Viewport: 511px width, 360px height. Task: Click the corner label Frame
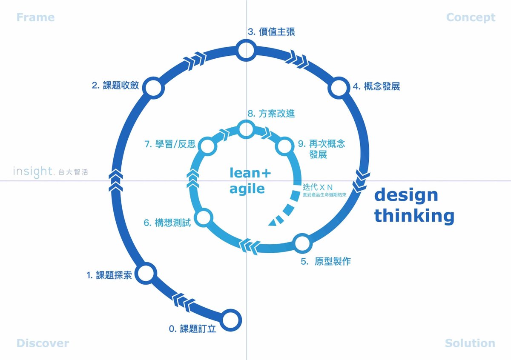pyautogui.click(x=35, y=17)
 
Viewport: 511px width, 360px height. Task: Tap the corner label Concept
pyautogui.click(x=471, y=17)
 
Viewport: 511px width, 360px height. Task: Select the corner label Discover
pyautogui.click(x=43, y=343)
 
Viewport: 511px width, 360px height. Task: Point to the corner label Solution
pyautogui.click(x=470, y=343)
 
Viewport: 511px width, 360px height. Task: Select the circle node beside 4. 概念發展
pyautogui.click(x=339, y=88)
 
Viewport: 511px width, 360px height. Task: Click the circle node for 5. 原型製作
pyautogui.click(x=302, y=243)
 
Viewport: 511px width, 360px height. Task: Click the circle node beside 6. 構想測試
pyautogui.click(x=204, y=217)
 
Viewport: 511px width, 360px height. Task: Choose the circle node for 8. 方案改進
pyautogui.click(x=245, y=129)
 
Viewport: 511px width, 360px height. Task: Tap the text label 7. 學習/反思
pyautogui.click(x=170, y=144)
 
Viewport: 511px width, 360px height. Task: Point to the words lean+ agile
pyautogui.click(x=250, y=180)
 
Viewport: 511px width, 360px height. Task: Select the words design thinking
pyautogui.click(x=414, y=206)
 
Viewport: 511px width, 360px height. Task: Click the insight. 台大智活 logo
pyautogui.click(x=51, y=172)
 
